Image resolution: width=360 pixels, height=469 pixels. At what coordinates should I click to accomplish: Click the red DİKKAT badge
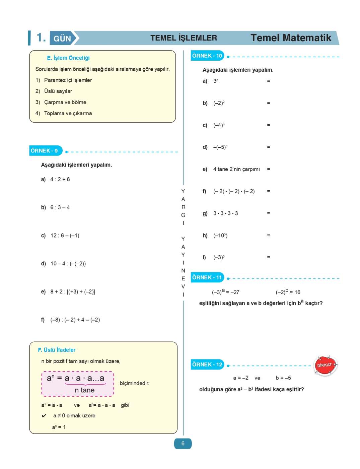click(325, 365)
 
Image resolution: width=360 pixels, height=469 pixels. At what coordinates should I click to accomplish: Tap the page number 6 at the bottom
click(183, 443)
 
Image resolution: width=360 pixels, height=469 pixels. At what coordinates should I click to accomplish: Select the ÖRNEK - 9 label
click(45, 151)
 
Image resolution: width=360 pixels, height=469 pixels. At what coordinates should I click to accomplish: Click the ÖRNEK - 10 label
click(207, 56)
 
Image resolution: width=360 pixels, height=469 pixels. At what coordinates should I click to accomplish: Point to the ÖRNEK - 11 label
click(207, 277)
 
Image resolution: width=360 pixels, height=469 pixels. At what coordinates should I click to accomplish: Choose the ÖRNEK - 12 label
click(207, 364)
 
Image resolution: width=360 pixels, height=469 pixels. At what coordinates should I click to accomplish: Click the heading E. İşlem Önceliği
click(68, 58)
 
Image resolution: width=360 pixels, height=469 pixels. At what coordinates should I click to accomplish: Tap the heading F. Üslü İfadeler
click(57, 350)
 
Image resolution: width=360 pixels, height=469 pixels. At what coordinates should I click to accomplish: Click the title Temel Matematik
click(291, 38)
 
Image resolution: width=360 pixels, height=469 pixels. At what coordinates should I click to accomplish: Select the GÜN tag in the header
click(62, 39)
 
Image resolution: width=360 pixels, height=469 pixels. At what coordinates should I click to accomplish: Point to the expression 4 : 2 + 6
click(60, 179)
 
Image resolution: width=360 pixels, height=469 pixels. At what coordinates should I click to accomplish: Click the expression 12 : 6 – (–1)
click(65, 236)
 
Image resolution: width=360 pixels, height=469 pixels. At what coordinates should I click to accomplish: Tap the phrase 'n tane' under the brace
click(85, 390)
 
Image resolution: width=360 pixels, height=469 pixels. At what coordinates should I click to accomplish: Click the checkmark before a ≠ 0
click(44, 416)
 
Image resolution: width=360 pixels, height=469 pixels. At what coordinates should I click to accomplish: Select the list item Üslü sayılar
click(58, 91)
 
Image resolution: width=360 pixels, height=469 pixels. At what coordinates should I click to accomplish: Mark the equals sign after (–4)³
click(269, 125)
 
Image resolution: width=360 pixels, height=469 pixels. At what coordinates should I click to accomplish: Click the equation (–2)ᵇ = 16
click(288, 292)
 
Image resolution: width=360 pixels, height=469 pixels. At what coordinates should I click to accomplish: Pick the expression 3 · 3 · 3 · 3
click(226, 213)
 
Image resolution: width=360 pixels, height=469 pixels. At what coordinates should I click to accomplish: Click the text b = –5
click(283, 378)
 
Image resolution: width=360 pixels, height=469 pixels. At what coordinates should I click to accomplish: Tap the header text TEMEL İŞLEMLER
click(184, 38)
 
